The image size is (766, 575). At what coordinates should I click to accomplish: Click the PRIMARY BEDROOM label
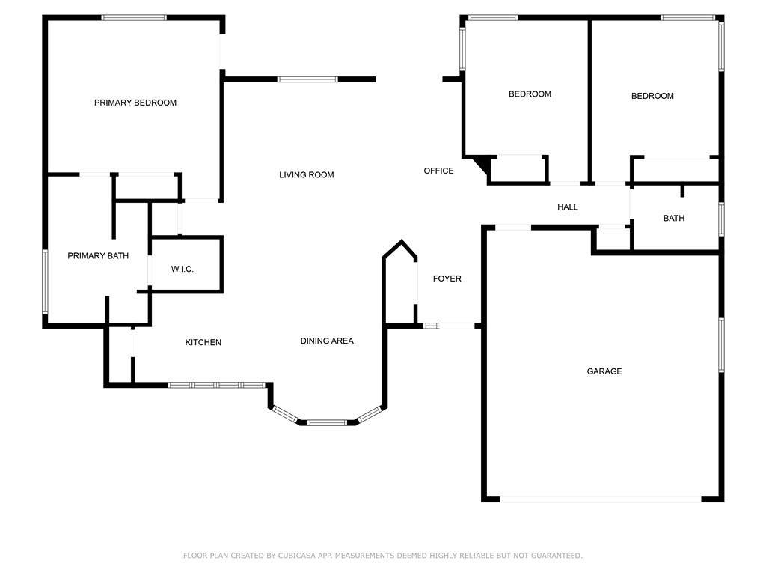[x=135, y=103]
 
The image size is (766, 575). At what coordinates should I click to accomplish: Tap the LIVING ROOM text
[x=306, y=175]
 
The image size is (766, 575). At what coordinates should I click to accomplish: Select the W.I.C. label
[x=183, y=269]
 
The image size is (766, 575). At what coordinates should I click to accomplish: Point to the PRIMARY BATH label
[x=98, y=256]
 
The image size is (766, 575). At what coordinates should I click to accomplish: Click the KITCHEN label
[x=203, y=342]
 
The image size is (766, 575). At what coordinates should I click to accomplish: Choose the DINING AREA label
[x=327, y=341]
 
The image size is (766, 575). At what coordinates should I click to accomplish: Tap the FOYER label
[x=447, y=279]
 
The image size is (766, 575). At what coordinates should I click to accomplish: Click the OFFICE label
[x=438, y=171]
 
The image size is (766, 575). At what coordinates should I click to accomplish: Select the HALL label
[x=568, y=207]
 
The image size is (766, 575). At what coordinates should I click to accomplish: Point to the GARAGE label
[x=604, y=371]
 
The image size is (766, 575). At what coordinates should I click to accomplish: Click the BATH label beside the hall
[x=674, y=218]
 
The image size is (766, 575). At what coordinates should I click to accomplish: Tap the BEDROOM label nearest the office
[x=530, y=94]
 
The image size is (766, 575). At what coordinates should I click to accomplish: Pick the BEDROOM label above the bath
[x=652, y=96]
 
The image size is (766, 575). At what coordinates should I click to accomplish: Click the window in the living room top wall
[x=307, y=79]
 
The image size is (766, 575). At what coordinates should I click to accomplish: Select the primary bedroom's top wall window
[x=134, y=18]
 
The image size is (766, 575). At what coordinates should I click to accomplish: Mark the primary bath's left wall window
[x=45, y=282]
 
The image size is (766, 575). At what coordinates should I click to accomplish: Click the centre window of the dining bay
[x=327, y=422]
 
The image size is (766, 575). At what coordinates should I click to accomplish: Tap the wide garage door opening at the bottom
[x=601, y=499]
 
